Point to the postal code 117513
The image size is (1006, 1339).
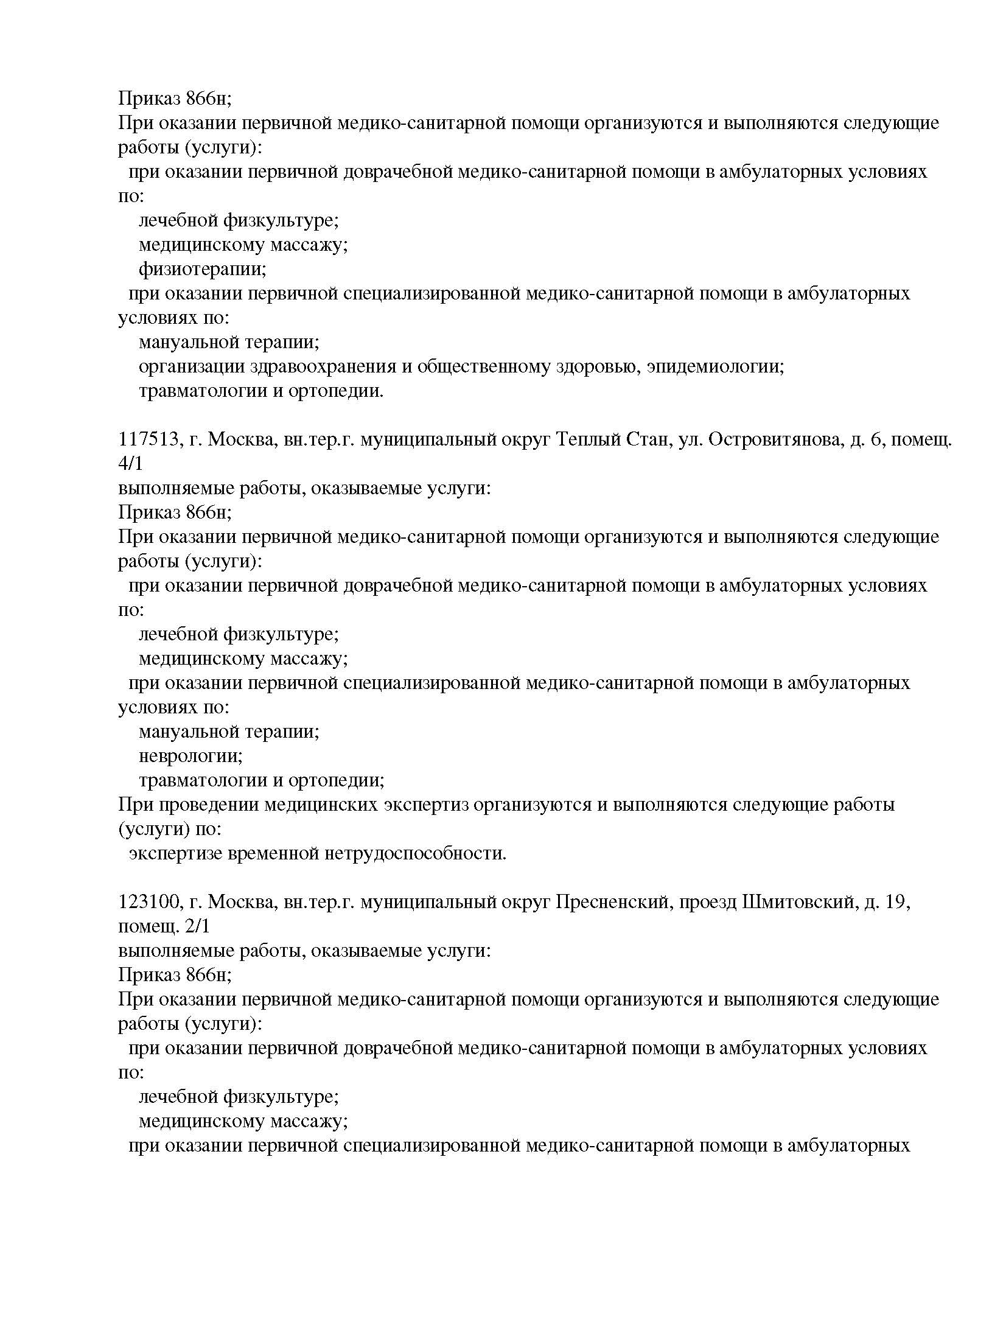click(x=148, y=439)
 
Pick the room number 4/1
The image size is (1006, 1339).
click(x=130, y=464)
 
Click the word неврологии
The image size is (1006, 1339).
click(x=190, y=757)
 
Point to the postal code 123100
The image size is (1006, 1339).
click(x=148, y=902)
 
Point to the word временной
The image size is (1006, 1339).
click(x=272, y=854)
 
